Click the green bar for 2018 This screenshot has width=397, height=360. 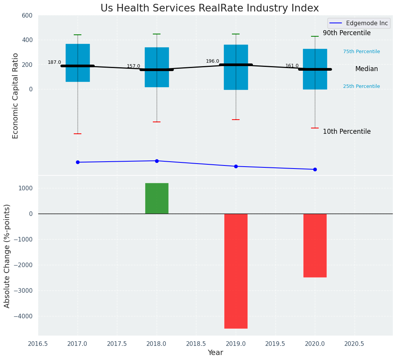[x=157, y=198]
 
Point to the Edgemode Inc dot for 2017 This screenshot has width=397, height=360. [x=78, y=162]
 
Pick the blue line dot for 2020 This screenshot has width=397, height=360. [x=315, y=169]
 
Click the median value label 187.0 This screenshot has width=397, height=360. [x=54, y=62]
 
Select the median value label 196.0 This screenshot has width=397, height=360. [x=212, y=61]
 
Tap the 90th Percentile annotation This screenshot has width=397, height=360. [x=347, y=33]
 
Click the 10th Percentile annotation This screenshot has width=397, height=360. [x=347, y=132]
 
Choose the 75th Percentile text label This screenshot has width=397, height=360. [x=361, y=52]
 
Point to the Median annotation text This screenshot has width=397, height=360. [x=366, y=69]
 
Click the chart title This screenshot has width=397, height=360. [x=209, y=8]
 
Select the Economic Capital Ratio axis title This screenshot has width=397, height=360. [x=16, y=96]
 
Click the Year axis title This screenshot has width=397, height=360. [x=215, y=353]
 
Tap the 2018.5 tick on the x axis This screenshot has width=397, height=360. [x=196, y=344]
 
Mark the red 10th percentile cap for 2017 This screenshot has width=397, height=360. [x=78, y=134]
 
